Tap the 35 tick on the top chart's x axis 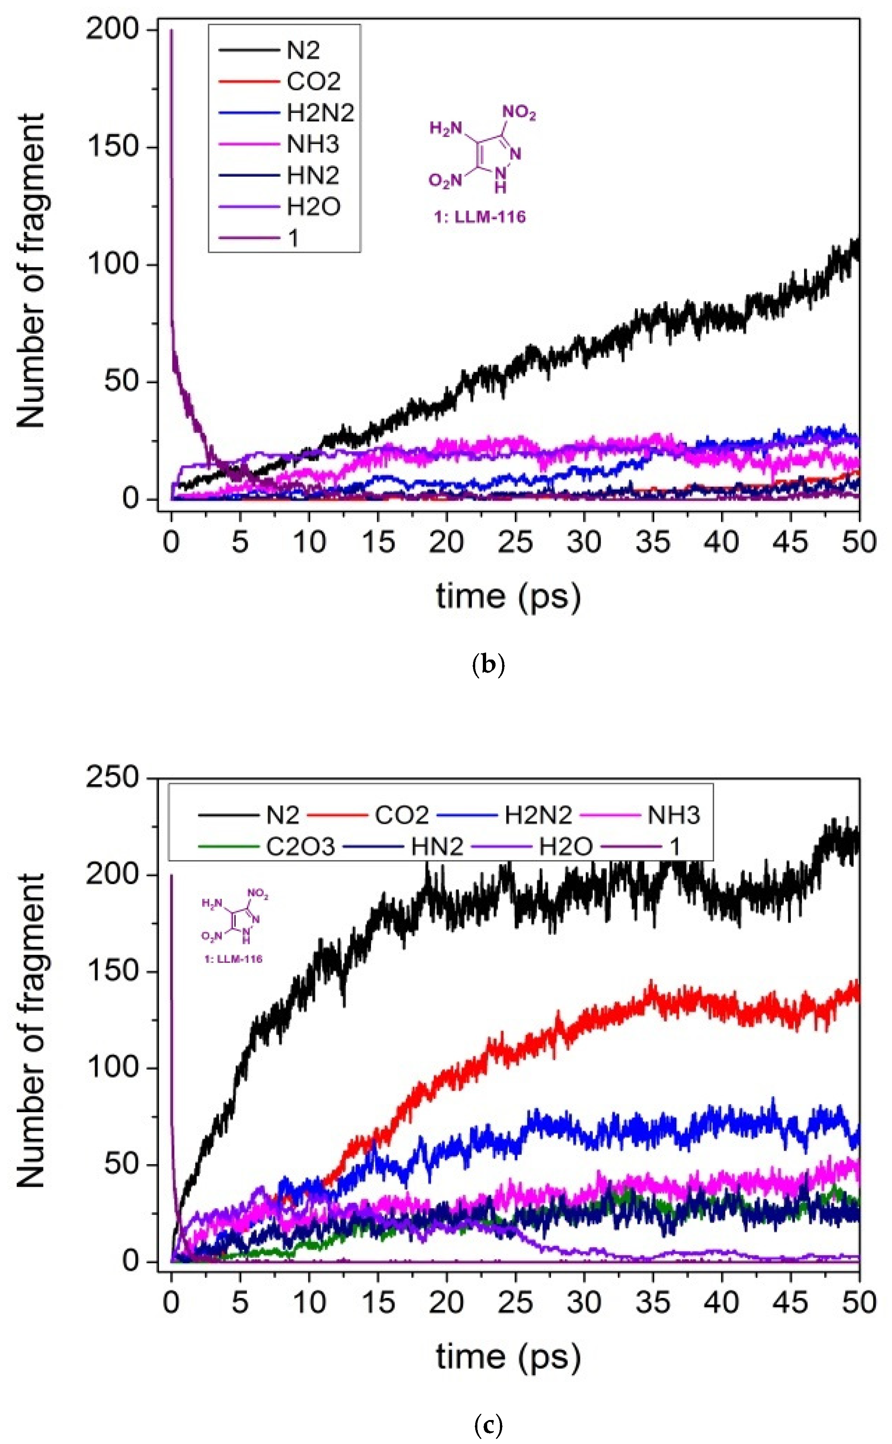[x=653, y=541]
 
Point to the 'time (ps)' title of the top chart [x=508, y=596]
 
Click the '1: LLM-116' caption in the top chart [x=480, y=217]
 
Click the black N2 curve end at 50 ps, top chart [x=857, y=248]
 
